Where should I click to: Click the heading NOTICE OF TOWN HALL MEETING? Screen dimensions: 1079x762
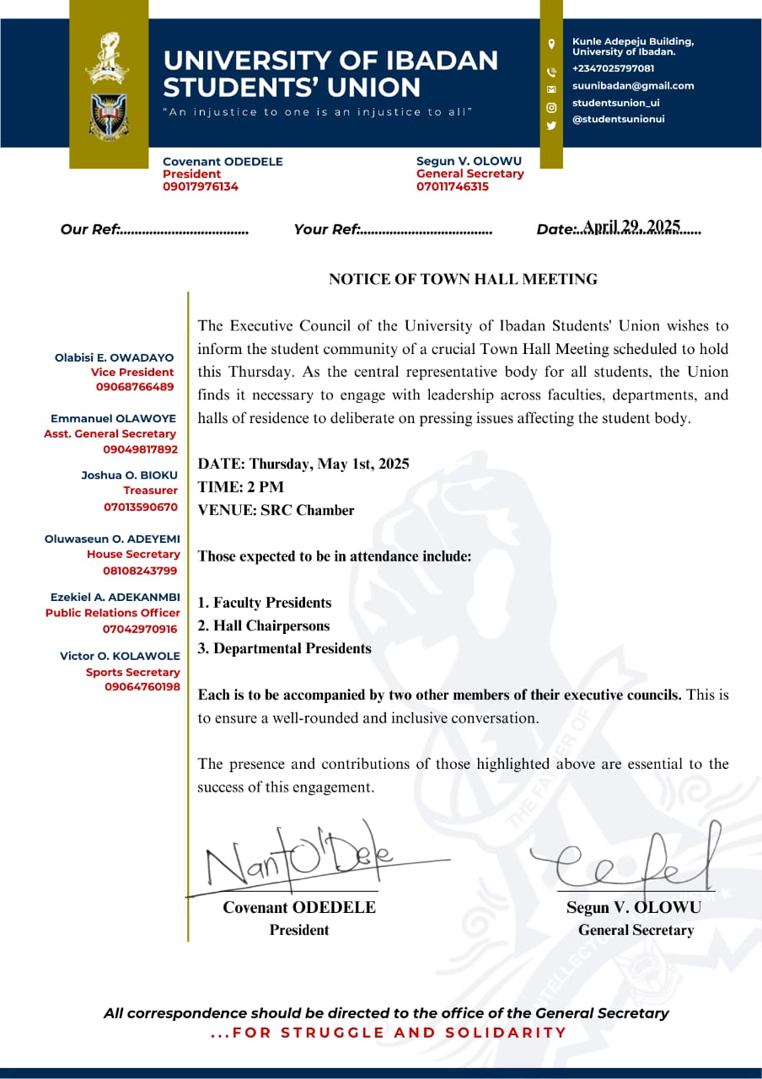(x=463, y=280)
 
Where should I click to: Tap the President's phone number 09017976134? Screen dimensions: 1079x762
(x=201, y=187)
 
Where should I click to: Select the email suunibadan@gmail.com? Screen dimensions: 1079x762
(x=633, y=85)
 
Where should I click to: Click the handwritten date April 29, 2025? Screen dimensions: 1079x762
(x=631, y=227)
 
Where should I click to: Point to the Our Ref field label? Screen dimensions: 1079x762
(x=92, y=229)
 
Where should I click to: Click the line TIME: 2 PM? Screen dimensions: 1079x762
(x=241, y=487)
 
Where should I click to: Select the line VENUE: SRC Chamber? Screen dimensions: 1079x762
(x=276, y=510)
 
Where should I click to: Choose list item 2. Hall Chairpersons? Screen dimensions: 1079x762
(x=264, y=625)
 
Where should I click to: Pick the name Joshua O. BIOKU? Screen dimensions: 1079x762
(x=129, y=475)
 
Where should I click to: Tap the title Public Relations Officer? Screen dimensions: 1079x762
(x=113, y=613)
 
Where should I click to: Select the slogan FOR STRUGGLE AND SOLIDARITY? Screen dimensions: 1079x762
(x=389, y=1033)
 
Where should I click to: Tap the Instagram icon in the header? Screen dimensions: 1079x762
(x=551, y=107)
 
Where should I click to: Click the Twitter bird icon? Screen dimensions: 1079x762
(x=551, y=126)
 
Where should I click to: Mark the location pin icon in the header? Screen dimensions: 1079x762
(x=551, y=44)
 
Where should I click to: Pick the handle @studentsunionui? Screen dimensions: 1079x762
(x=618, y=119)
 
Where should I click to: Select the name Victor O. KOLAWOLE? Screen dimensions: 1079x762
(x=120, y=656)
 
